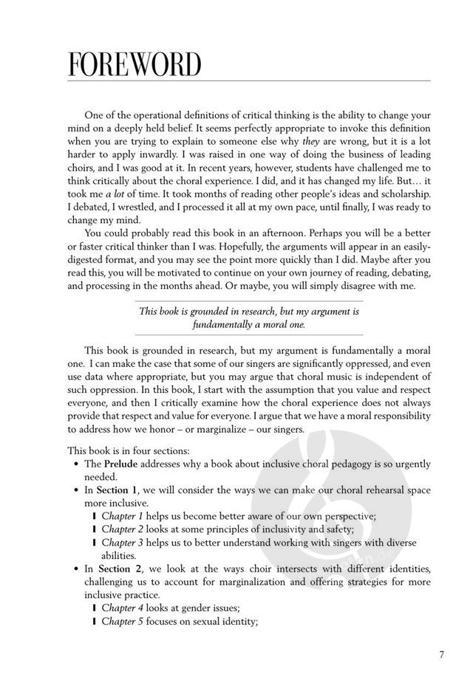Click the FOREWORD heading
pyautogui.click(x=135, y=64)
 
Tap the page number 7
pyautogui.click(x=441, y=654)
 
